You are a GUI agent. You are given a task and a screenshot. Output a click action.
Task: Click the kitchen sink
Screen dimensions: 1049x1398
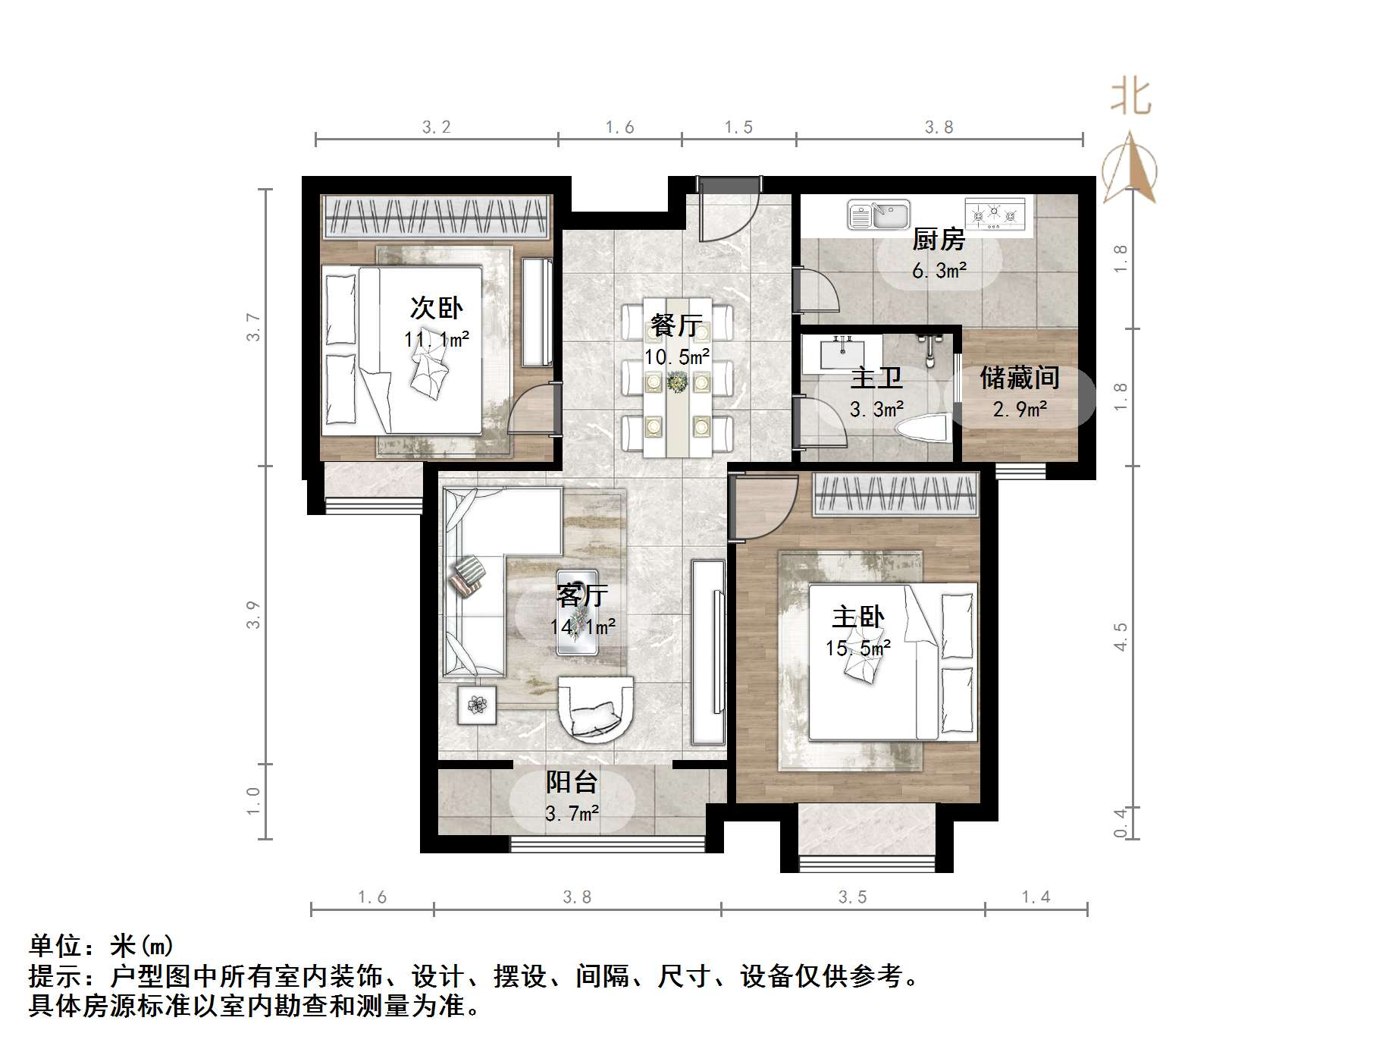878,215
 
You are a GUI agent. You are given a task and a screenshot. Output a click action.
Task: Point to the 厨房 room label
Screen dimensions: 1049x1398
939,240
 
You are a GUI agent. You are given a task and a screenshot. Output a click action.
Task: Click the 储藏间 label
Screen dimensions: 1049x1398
1019,377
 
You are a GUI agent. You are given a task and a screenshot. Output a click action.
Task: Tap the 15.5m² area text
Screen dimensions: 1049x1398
858,648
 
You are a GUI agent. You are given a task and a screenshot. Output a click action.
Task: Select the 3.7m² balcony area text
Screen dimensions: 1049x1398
572,814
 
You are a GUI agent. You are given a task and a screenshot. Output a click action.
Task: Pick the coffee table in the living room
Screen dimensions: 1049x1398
578,612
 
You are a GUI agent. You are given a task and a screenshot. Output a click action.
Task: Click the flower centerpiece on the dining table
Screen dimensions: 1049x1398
676,382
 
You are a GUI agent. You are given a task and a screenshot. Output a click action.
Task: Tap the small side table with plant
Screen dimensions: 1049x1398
477,705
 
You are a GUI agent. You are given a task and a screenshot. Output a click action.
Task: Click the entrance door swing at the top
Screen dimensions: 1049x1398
728,212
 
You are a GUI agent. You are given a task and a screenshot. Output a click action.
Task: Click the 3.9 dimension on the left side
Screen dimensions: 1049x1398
253,614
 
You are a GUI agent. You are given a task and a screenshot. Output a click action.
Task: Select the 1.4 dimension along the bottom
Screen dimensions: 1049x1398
1036,897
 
